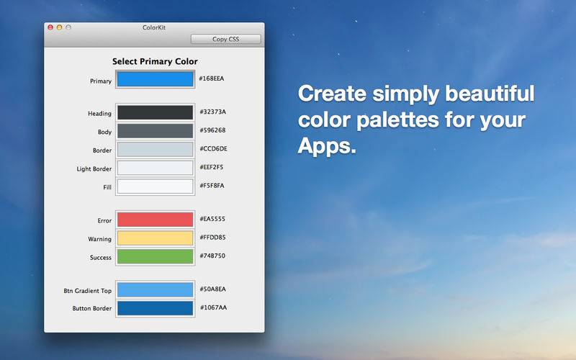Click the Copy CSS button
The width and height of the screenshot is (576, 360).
click(225, 39)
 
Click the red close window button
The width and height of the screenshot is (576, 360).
click(50, 27)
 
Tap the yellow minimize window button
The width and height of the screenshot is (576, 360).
click(60, 27)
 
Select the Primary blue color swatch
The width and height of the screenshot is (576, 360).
click(155, 79)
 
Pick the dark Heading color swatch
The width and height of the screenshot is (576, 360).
click(155, 113)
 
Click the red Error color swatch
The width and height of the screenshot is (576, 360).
click(155, 220)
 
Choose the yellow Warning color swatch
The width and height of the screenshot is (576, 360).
click(155, 238)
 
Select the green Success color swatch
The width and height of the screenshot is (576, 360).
click(155, 256)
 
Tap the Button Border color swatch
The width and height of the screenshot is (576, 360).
click(155, 308)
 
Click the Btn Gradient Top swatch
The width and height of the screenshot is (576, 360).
click(155, 290)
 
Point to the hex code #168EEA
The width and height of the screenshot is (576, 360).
click(212, 78)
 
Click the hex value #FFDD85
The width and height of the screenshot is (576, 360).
click(212, 238)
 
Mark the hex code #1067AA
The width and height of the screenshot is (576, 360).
click(213, 307)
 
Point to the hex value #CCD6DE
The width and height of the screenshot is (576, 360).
click(213, 149)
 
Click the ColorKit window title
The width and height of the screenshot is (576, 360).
click(154, 27)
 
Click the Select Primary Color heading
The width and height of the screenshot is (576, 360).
click(155, 61)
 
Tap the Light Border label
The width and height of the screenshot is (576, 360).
click(94, 169)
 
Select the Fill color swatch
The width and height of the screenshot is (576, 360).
click(155, 186)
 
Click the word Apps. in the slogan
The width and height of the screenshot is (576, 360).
click(327, 146)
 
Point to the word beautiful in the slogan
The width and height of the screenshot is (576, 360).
click(490, 93)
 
